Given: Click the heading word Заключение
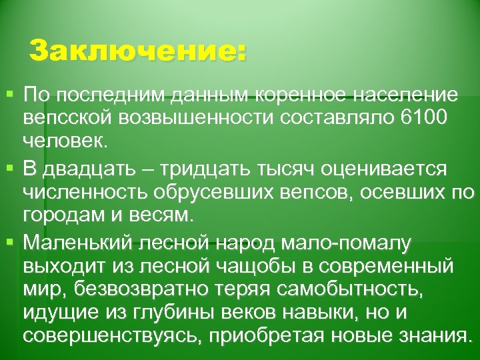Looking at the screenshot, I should tap(137, 51).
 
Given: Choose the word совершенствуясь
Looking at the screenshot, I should tap(108, 333).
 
